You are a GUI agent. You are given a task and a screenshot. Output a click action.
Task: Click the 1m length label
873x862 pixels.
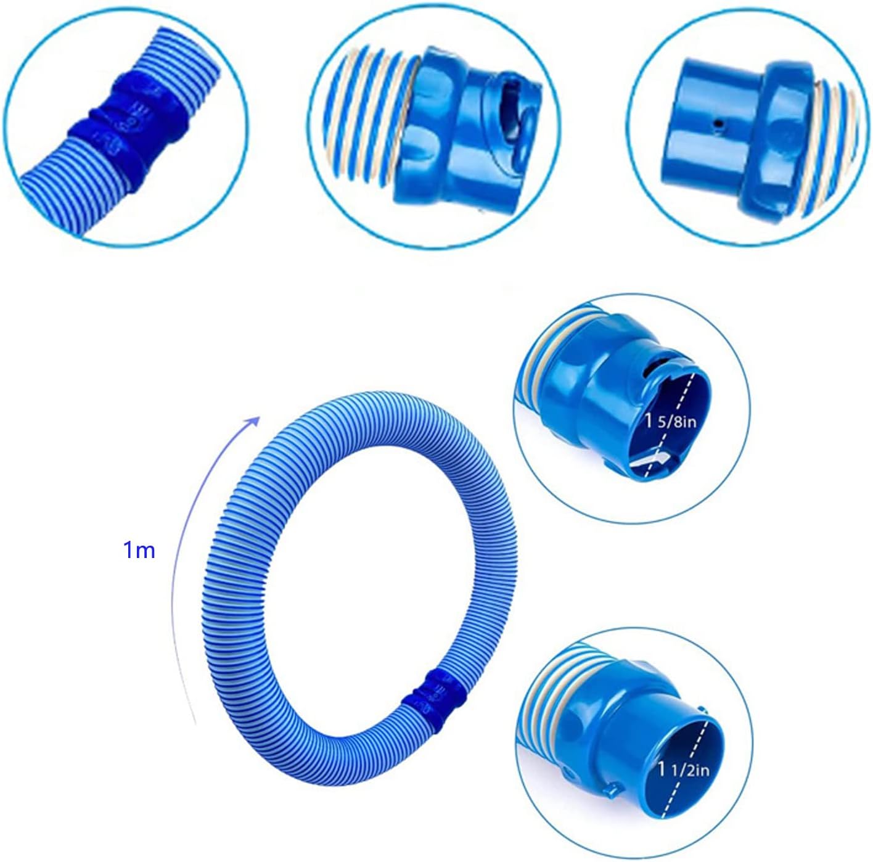pyautogui.click(x=139, y=551)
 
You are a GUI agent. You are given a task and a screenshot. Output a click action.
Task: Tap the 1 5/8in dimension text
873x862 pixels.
pyautogui.click(x=670, y=422)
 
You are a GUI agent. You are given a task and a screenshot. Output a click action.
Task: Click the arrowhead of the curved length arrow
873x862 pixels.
pyautogui.click(x=253, y=423)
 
